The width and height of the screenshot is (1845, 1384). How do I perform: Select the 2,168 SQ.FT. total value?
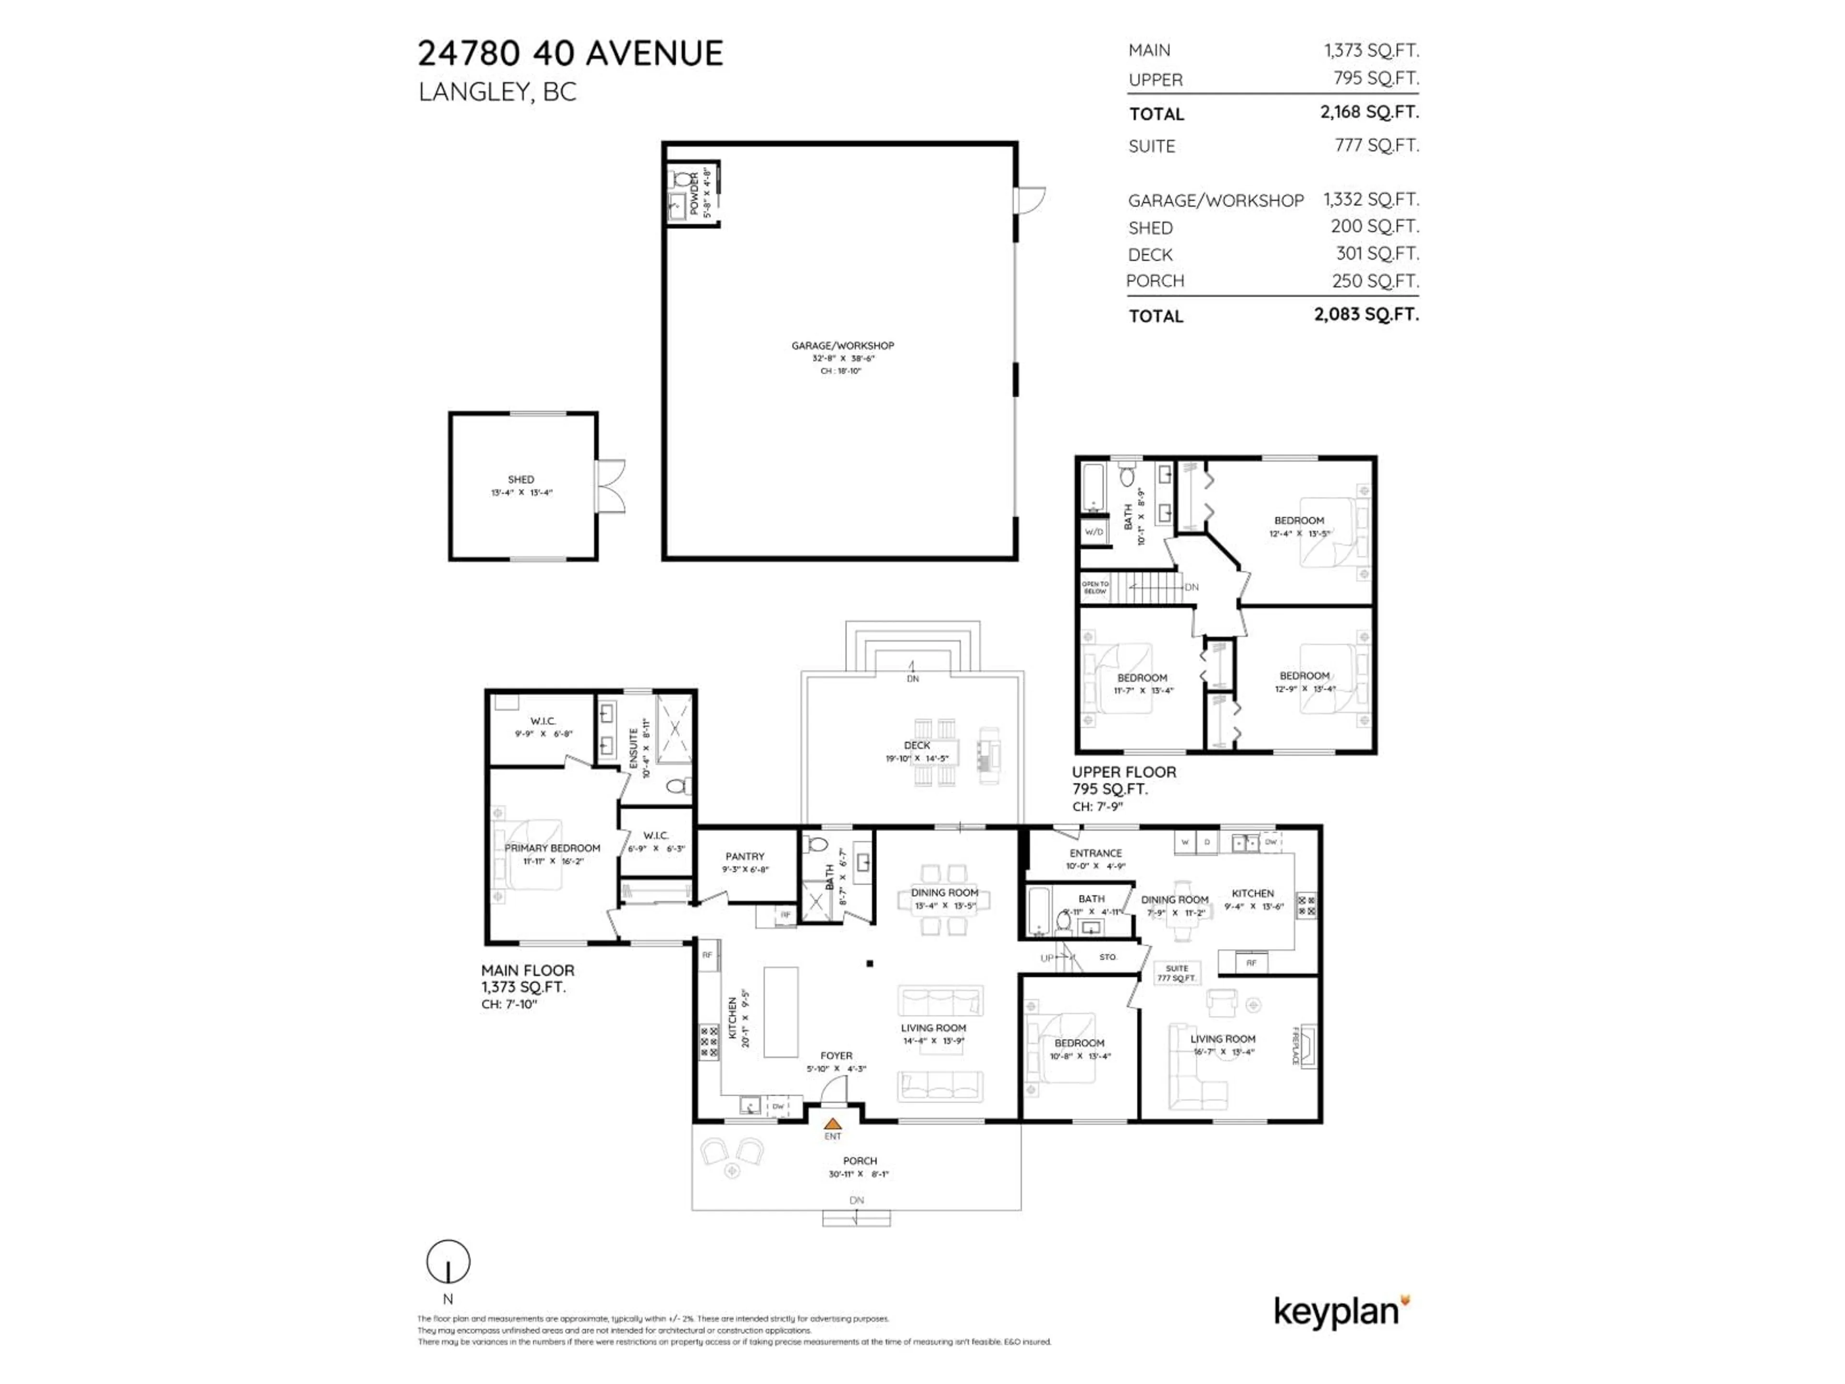point(1369,112)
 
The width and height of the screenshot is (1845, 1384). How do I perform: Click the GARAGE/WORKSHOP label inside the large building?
point(842,346)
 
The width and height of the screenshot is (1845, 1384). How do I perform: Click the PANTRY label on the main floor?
point(745,856)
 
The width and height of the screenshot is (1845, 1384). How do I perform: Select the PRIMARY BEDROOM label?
point(552,848)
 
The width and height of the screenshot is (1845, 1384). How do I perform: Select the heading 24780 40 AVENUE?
point(570,53)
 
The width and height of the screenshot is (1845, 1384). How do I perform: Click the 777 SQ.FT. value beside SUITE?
point(1376,145)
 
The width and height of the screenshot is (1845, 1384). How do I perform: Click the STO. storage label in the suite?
point(1107,957)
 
